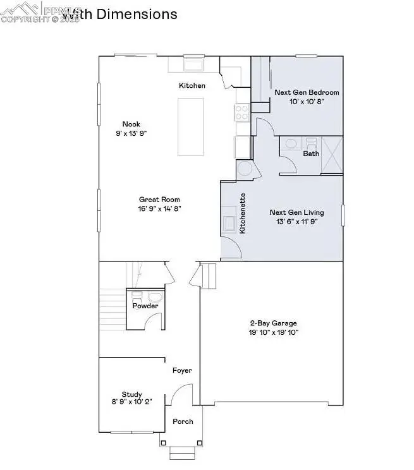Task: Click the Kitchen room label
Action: point(192,85)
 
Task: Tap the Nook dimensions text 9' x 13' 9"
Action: point(131,133)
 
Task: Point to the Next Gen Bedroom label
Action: point(307,92)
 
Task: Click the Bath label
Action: point(311,154)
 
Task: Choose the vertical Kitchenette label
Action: point(243,213)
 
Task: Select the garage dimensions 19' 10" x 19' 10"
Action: point(272,332)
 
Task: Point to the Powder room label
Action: point(145,306)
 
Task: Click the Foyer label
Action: point(182,371)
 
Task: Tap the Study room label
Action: point(131,393)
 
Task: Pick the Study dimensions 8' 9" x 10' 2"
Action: point(131,402)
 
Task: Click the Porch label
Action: point(183,421)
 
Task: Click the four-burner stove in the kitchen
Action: point(242,112)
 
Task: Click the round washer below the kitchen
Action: point(244,170)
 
